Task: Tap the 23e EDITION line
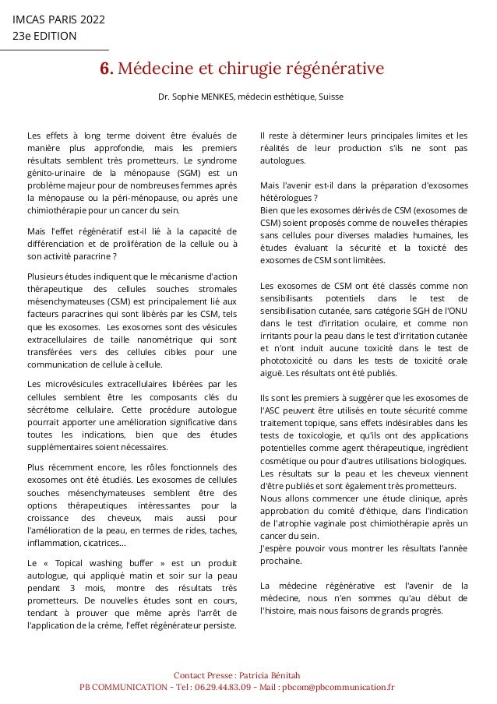click(44, 36)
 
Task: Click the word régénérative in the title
click(334, 70)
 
